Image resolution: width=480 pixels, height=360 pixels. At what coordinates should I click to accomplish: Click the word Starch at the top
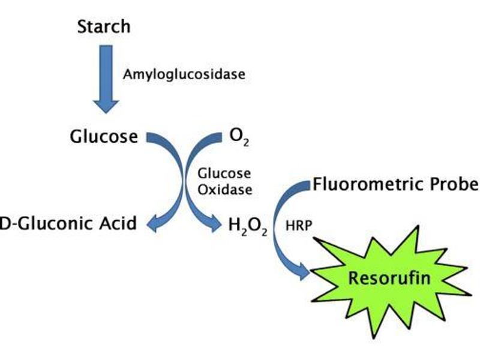point(104,27)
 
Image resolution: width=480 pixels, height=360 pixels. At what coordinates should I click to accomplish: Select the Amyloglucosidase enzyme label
point(184,74)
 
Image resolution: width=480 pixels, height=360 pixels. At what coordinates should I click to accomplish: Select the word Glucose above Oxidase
point(224,173)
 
